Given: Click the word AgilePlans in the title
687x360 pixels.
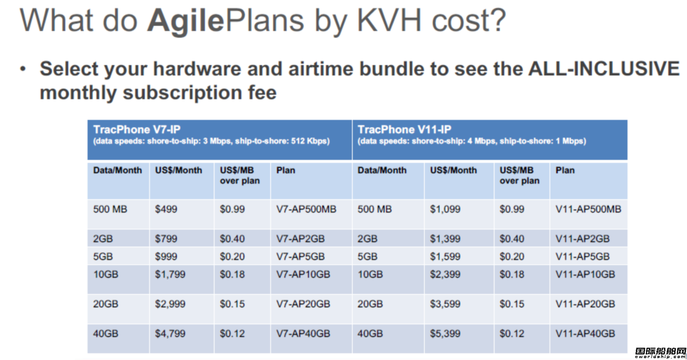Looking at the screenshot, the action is click(x=226, y=21).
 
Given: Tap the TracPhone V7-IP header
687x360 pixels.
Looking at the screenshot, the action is click(x=137, y=129).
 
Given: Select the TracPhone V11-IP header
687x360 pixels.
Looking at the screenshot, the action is click(x=404, y=129).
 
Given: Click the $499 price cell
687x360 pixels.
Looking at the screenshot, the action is click(x=166, y=209).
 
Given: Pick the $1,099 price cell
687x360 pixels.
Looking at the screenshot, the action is click(x=445, y=209).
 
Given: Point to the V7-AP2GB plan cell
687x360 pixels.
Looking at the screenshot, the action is click(x=301, y=239).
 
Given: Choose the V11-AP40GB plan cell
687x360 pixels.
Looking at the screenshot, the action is click(x=585, y=333).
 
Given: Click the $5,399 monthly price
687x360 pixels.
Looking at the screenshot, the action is click(x=445, y=333).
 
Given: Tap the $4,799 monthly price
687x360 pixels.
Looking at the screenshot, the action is click(x=170, y=333).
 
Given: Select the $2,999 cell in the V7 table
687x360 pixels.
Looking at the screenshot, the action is click(x=170, y=304).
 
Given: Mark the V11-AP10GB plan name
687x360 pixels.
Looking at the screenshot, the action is click(x=585, y=275).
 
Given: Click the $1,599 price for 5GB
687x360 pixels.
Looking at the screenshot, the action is click(x=445, y=257).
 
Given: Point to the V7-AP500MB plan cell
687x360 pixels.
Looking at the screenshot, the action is click(x=306, y=209).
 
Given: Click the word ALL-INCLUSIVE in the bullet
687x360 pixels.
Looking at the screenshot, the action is click(x=604, y=68).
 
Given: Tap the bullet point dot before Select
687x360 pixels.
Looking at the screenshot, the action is click(x=23, y=69).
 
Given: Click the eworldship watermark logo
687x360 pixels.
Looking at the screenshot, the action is click(x=660, y=353).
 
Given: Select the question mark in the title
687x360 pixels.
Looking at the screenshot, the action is click(x=498, y=21).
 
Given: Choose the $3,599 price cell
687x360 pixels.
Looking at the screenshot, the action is click(x=445, y=304).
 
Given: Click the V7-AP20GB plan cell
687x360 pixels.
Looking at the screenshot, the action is click(x=303, y=304).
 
